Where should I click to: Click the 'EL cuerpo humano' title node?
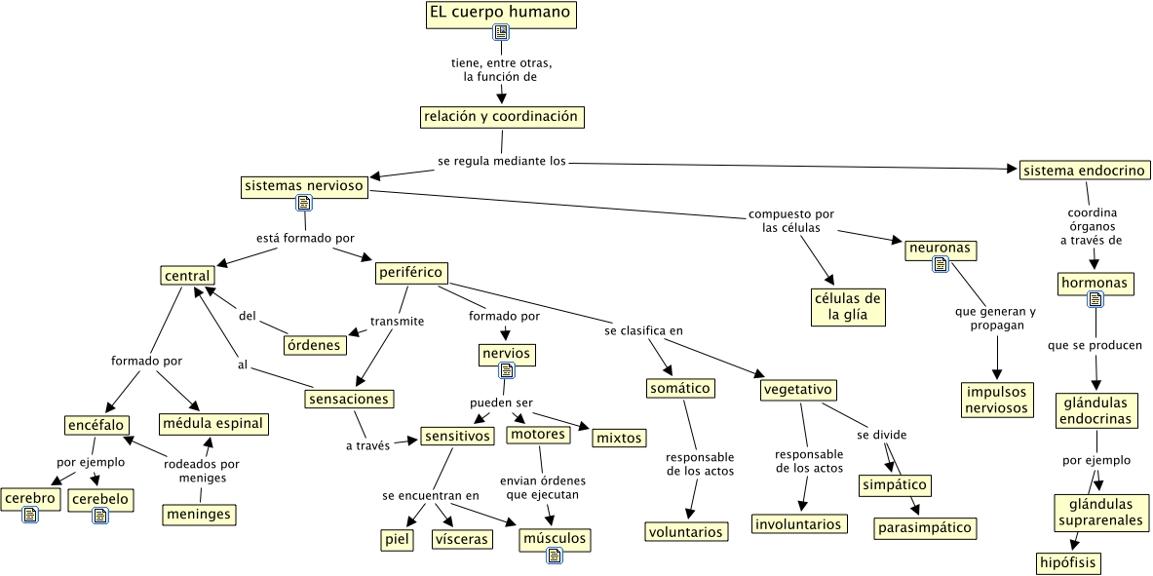pyautogui.click(x=501, y=15)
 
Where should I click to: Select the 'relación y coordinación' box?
pyautogui.click(x=501, y=117)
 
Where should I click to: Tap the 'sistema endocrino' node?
pyautogui.click(x=1082, y=171)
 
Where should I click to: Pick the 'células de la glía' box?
pyautogui.click(x=847, y=306)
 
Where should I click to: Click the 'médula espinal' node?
pyautogui.click(x=213, y=424)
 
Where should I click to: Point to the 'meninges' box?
pyautogui.click(x=200, y=514)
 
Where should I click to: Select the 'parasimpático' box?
pyautogui.click(x=924, y=528)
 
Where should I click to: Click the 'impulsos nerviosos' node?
pyautogui.click(x=996, y=400)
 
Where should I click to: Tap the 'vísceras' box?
pyautogui.click(x=462, y=539)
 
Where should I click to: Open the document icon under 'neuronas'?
pyautogui.click(x=941, y=263)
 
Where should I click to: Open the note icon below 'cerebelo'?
pyautogui.click(x=100, y=515)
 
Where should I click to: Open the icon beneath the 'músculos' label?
pyautogui.click(x=555, y=556)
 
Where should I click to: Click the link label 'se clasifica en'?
pyautogui.click(x=643, y=330)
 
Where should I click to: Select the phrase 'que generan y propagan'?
pyautogui.click(x=996, y=319)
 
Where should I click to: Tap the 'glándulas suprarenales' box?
pyautogui.click(x=1098, y=513)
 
